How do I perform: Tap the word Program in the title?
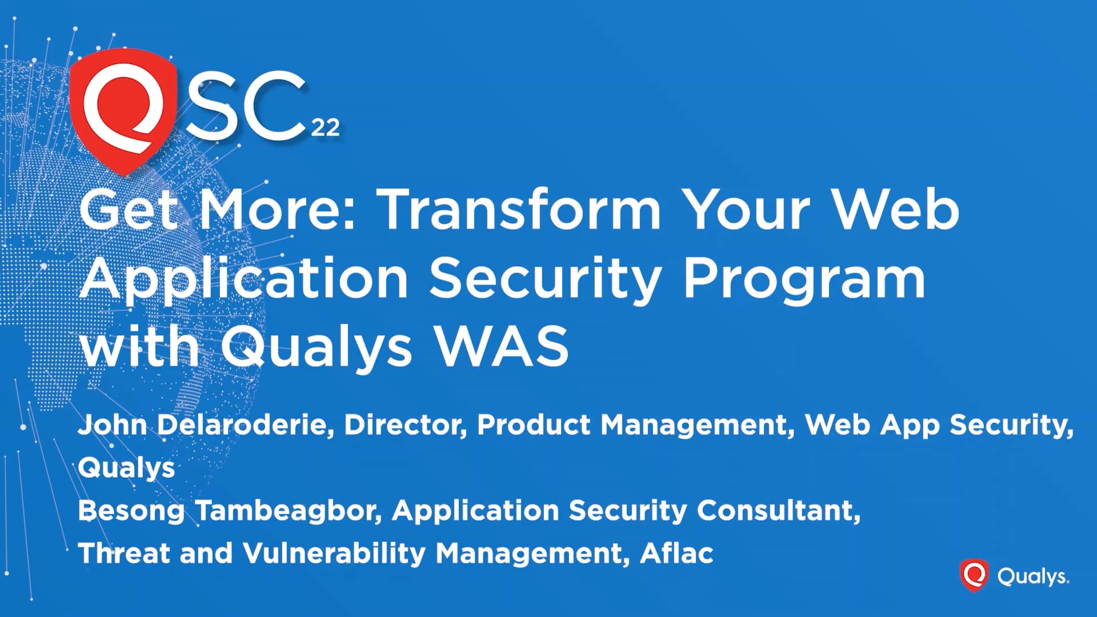804,279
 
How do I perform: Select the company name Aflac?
677,553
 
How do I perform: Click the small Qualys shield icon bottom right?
974,575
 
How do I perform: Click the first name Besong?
131,510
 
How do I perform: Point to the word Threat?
123,553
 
